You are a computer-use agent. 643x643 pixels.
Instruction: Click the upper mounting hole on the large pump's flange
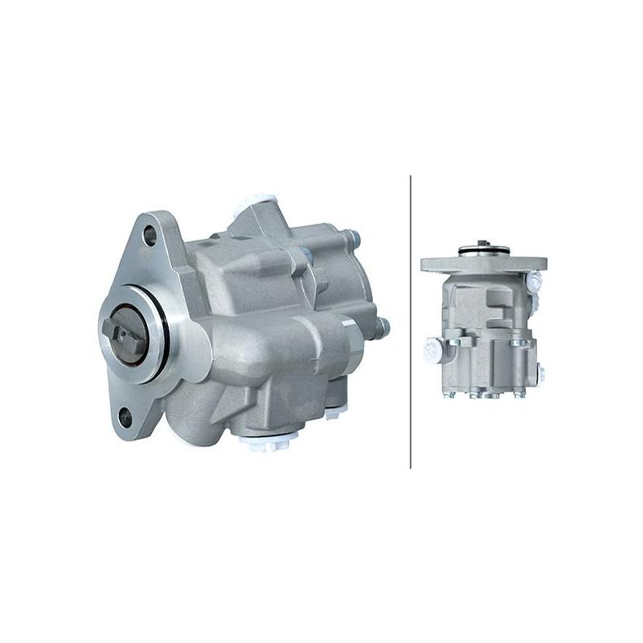[x=149, y=235]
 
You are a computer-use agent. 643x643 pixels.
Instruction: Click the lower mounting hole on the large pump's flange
[x=125, y=416]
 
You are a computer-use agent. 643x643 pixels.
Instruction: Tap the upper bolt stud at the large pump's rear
[x=354, y=240]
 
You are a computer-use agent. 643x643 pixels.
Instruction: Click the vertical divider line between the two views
[x=411, y=321]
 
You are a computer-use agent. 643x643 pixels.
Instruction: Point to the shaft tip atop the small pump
[x=482, y=244]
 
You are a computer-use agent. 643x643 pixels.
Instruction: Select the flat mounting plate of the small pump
[x=483, y=264]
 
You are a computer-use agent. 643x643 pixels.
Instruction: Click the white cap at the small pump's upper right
[x=534, y=280]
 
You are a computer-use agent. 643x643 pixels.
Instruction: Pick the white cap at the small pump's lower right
[x=541, y=374]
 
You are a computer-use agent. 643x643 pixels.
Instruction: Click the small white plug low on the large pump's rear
[x=331, y=415]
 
